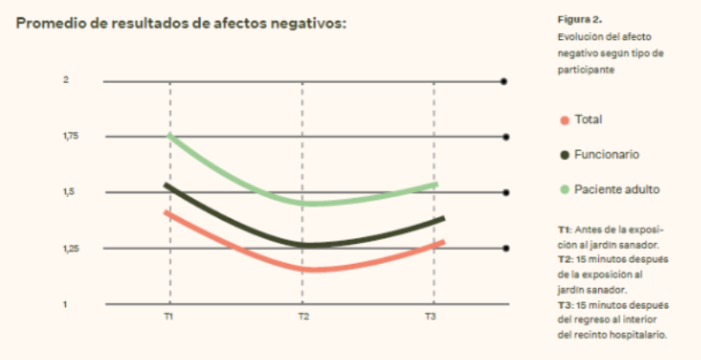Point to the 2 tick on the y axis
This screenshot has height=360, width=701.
[x=64, y=80]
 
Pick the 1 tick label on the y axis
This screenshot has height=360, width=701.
[x=63, y=304]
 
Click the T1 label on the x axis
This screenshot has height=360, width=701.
[x=170, y=318]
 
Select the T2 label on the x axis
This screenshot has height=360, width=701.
[x=304, y=318]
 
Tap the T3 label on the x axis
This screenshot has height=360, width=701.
[x=430, y=318]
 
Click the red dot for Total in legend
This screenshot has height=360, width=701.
[x=565, y=119]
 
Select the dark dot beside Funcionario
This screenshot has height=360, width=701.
[x=565, y=155]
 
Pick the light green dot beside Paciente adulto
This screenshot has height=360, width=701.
[x=565, y=189]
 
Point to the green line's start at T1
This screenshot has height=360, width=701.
[x=170, y=136]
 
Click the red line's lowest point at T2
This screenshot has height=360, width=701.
[x=304, y=269]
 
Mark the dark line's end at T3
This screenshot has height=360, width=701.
[x=442, y=219]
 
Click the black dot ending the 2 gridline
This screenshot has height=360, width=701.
[x=505, y=80]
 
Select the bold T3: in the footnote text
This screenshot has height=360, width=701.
[x=564, y=304]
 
